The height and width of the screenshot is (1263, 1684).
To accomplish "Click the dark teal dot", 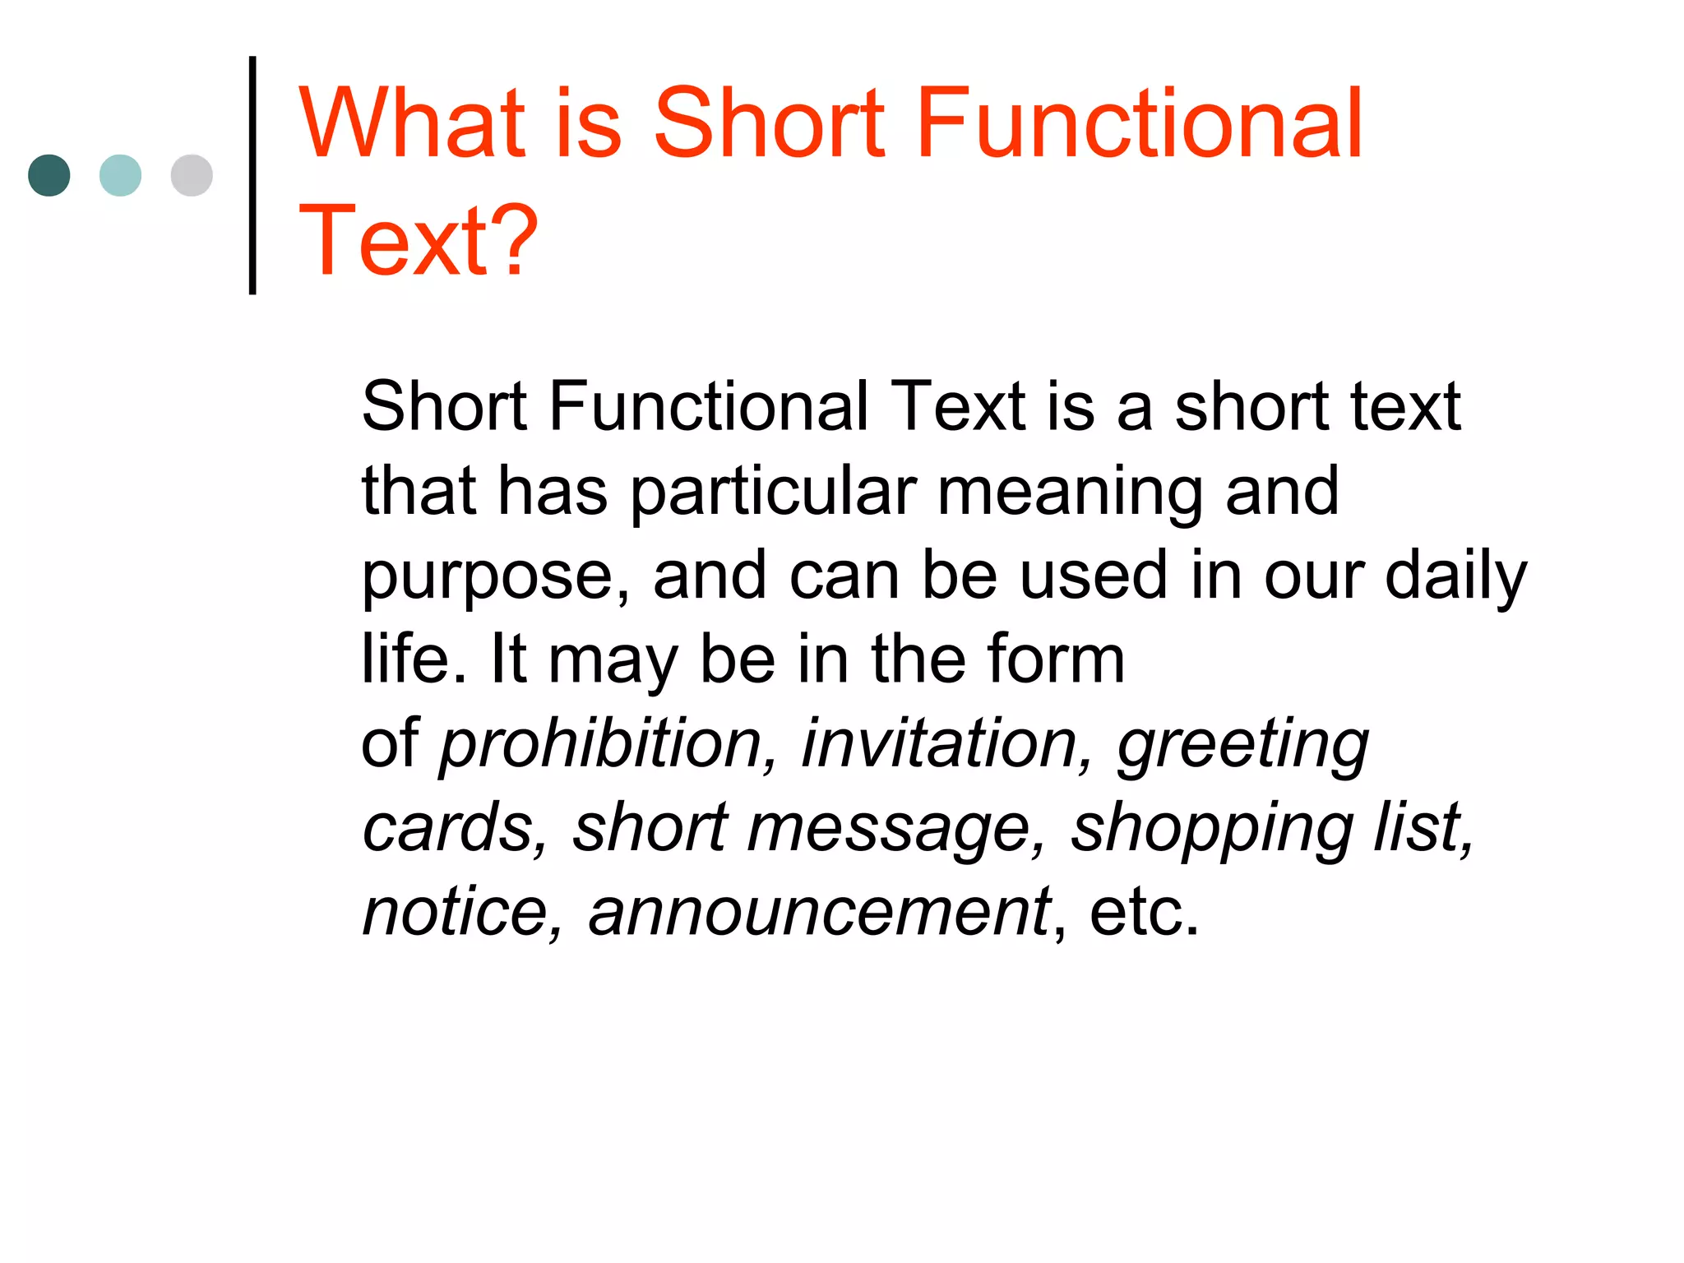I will tap(49, 175).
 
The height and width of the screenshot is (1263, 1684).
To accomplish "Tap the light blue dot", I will tap(120, 175).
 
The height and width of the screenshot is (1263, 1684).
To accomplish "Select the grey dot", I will tap(192, 175).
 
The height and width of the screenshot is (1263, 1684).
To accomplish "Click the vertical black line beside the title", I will tap(252, 175).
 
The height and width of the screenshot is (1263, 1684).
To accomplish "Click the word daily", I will tap(1456, 577).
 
